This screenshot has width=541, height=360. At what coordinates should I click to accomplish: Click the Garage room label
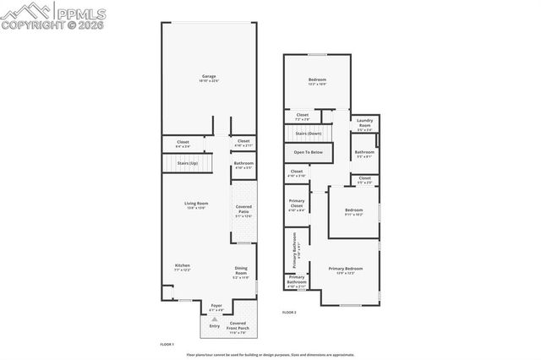209,75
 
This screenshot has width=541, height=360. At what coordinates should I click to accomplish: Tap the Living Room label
196,203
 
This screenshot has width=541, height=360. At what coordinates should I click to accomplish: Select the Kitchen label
182,265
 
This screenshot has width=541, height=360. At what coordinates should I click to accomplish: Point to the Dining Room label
241,271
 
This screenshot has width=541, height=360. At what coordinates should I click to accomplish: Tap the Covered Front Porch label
238,324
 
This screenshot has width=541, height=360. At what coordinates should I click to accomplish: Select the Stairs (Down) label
309,134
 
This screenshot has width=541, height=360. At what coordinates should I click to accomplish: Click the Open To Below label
308,152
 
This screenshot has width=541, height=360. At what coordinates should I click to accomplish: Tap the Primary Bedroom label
347,269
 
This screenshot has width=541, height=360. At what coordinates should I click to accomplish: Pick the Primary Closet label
296,207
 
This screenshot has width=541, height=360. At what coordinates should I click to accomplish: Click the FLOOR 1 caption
167,345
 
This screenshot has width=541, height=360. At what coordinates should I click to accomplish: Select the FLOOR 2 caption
289,312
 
